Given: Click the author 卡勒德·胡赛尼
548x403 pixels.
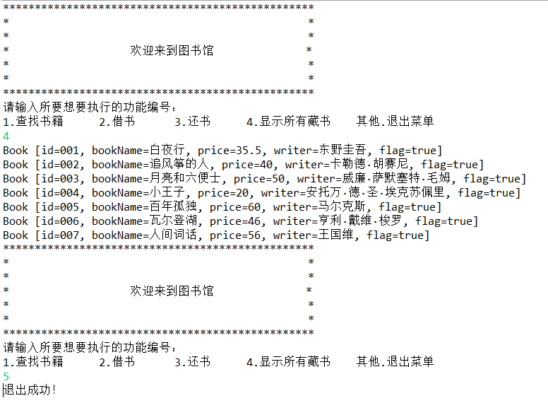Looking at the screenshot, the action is click(370, 164).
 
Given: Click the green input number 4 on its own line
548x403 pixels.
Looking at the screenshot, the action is click(6, 136).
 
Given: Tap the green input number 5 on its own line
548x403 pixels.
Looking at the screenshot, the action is click(6, 376).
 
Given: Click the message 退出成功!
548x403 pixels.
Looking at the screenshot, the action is click(30, 390).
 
